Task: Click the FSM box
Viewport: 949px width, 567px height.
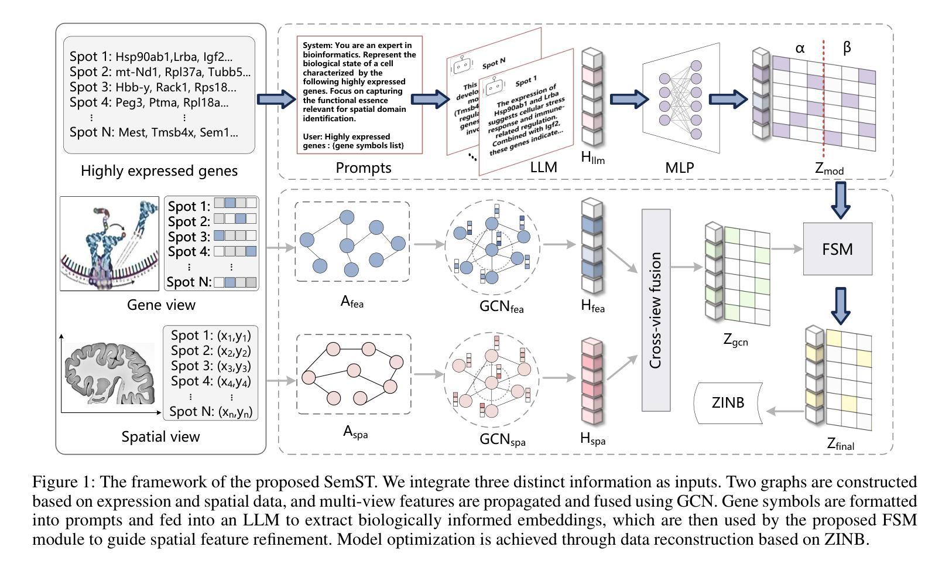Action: coord(837,249)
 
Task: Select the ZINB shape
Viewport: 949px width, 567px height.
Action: coord(728,403)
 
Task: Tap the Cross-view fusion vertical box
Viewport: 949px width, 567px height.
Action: coord(656,310)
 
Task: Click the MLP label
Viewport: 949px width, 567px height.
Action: coord(679,168)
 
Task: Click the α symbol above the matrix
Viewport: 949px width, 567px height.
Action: coord(800,49)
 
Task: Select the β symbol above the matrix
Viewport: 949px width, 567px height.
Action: coord(847,48)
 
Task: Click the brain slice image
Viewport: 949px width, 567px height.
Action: coord(109,373)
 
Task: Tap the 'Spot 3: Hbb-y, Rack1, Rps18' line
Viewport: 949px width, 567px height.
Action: coord(153,87)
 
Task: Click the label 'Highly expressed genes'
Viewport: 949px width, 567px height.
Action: coord(159,171)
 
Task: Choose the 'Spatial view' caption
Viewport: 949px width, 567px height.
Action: coord(160,436)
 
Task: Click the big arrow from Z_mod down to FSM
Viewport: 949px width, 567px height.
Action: coord(841,199)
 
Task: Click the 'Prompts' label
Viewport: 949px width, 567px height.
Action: coord(363,168)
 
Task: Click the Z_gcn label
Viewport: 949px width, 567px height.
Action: coord(735,339)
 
